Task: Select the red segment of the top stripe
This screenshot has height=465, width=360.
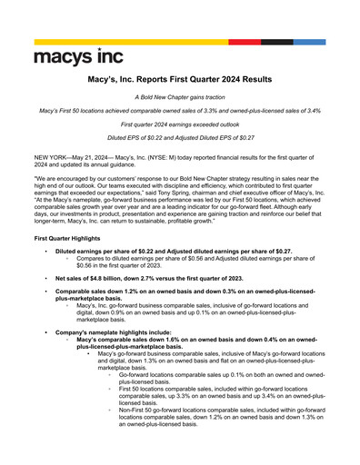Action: (245, 42)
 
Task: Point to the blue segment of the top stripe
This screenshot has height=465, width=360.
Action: (309, 42)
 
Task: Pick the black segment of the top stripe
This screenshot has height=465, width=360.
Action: (277, 42)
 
